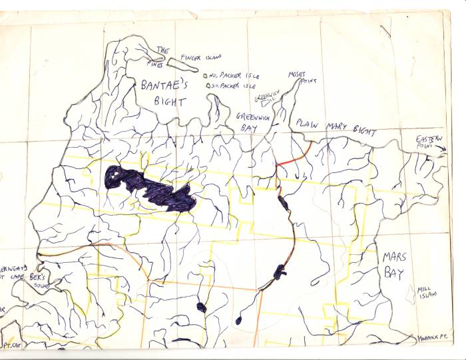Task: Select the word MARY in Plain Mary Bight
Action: pos(337,124)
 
